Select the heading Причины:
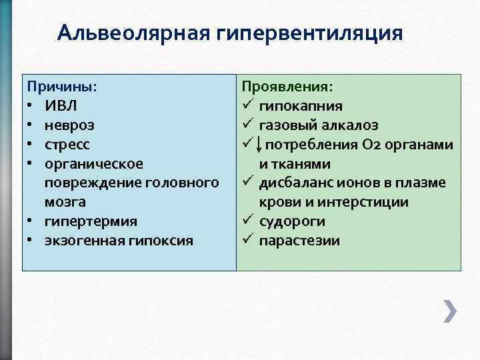[61, 87]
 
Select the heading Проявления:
[287, 87]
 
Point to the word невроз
[69, 125]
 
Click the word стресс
[67, 144]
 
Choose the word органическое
[93, 163]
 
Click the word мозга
[65, 201]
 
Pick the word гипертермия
[91, 221]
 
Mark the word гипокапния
[301, 106]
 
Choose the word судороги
[292, 221]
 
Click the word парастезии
[299, 240]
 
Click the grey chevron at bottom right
[450, 311]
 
